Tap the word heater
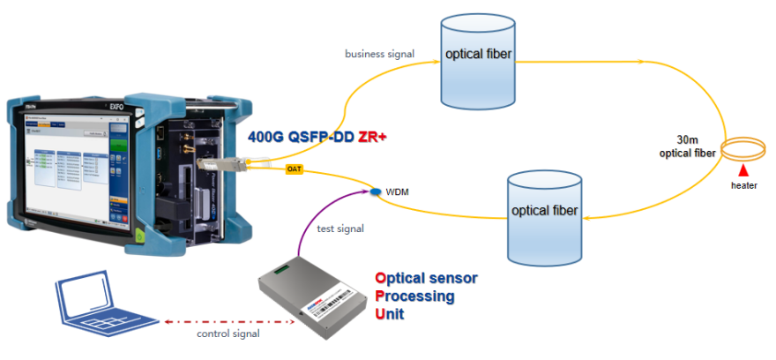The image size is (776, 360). [x=743, y=185]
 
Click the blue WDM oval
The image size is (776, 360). [x=375, y=191]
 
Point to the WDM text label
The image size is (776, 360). [x=399, y=191]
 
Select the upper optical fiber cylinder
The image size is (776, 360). [x=477, y=62]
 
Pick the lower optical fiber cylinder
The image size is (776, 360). [x=545, y=217]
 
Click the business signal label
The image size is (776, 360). [x=380, y=54]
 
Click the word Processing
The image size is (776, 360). [x=415, y=296]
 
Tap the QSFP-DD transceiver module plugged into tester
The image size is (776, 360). [x=211, y=164]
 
